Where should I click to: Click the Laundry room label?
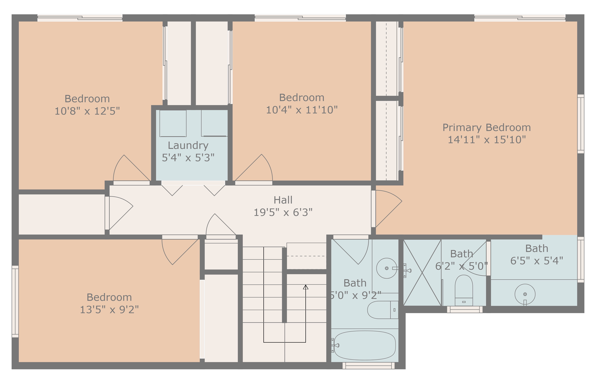click(188, 145)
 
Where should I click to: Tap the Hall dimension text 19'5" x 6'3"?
click(283, 212)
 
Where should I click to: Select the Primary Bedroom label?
click(486, 128)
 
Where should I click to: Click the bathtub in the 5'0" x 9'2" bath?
click(365, 345)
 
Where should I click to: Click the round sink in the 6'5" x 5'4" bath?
click(525, 294)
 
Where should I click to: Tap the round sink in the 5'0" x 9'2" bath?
click(386, 268)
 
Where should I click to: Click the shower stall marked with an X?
click(422, 273)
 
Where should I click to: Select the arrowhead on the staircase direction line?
click(306, 287)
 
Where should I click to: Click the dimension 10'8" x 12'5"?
click(87, 111)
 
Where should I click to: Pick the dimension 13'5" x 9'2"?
click(109, 310)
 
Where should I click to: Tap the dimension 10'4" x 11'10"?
click(302, 110)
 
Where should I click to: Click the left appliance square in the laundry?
click(173, 123)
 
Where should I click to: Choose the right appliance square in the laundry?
click(214, 123)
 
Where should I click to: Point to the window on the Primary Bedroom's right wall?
click(581, 124)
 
